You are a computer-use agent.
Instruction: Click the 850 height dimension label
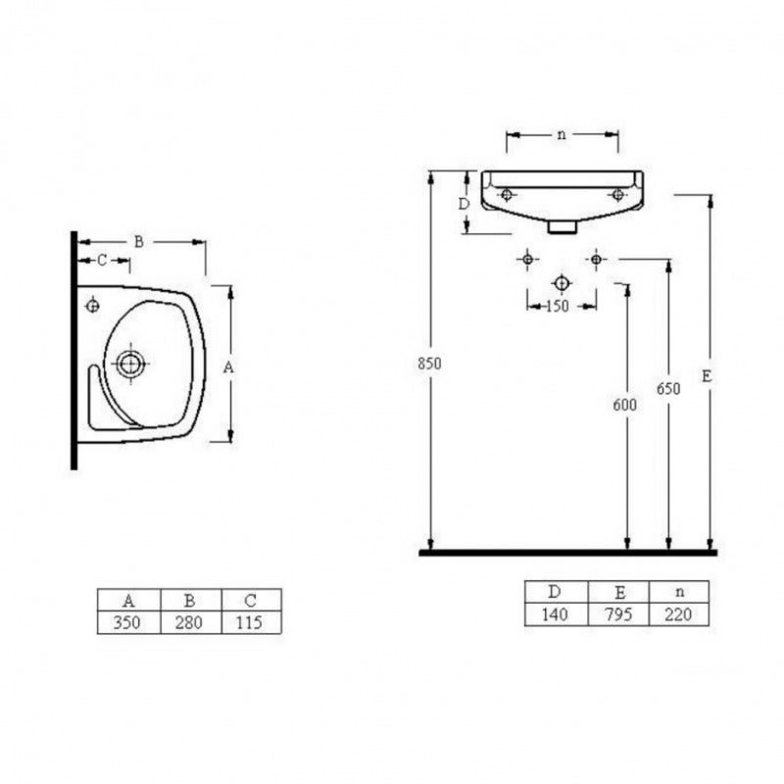pyautogui.click(x=429, y=364)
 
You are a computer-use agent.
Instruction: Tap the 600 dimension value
pyautogui.click(x=624, y=405)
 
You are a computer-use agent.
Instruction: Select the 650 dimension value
pyautogui.click(x=668, y=388)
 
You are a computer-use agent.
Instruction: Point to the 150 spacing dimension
pyautogui.click(x=558, y=306)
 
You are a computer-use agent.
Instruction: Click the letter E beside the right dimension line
pyautogui.click(x=706, y=376)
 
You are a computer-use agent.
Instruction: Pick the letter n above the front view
pyautogui.click(x=562, y=134)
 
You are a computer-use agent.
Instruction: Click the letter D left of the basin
pyautogui.click(x=465, y=204)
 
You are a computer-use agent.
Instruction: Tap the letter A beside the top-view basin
pyautogui.click(x=228, y=367)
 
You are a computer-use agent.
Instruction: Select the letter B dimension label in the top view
pyautogui.click(x=139, y=242)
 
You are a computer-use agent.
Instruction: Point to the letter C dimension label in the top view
pyautogui.click(x=102, y=260)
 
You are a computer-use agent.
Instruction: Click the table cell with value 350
pyautogui.click(x=127, y=622)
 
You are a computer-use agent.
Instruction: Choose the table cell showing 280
pyautogui.click(x=188, y=622)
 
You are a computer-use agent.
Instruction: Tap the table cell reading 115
pyautogui.click(x=250, y=622)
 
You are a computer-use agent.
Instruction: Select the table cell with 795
pyautogui.click(x=618, y=614)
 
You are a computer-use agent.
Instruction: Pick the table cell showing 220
pyautogui.click(x=678, y=614)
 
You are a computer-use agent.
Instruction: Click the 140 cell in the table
pyautogui.click(x=555, y=614)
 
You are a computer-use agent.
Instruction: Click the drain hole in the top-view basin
pyautogui.click(x=130, y=364)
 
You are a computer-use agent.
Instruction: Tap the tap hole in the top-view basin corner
pyautogui.click(x=92, y=305)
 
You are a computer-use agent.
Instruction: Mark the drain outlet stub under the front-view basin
pyautogui.click(x=563, y=227)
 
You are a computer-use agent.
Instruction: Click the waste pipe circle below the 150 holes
pyautogui.click(x=562, y=283)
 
